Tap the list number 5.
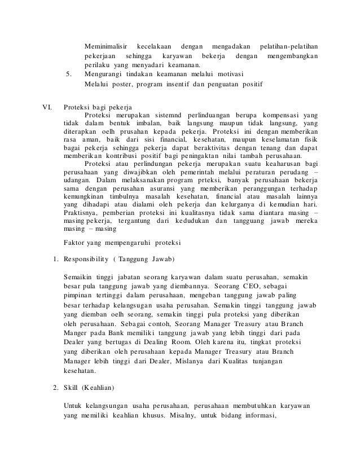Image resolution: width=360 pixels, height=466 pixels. pyautogui.click(x=69, y=74)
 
